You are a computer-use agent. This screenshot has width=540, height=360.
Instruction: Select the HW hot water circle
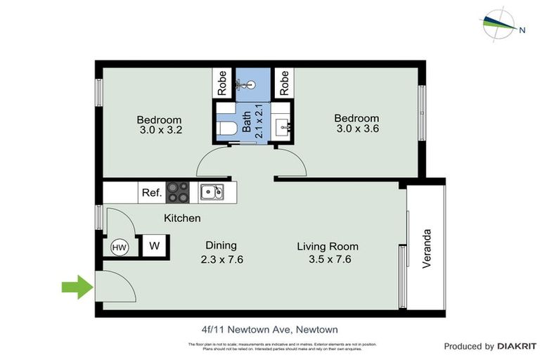119,247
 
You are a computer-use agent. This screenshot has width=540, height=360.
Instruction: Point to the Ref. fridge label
152,192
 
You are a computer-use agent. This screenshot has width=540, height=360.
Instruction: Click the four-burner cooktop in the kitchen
177,191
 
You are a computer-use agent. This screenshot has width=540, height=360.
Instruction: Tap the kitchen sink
211,191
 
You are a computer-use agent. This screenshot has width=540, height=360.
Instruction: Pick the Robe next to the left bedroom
221,84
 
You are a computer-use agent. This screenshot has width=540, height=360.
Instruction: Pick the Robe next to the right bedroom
284,84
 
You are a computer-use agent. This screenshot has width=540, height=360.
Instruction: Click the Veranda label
426,249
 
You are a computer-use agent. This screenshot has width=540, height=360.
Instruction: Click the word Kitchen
182,219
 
